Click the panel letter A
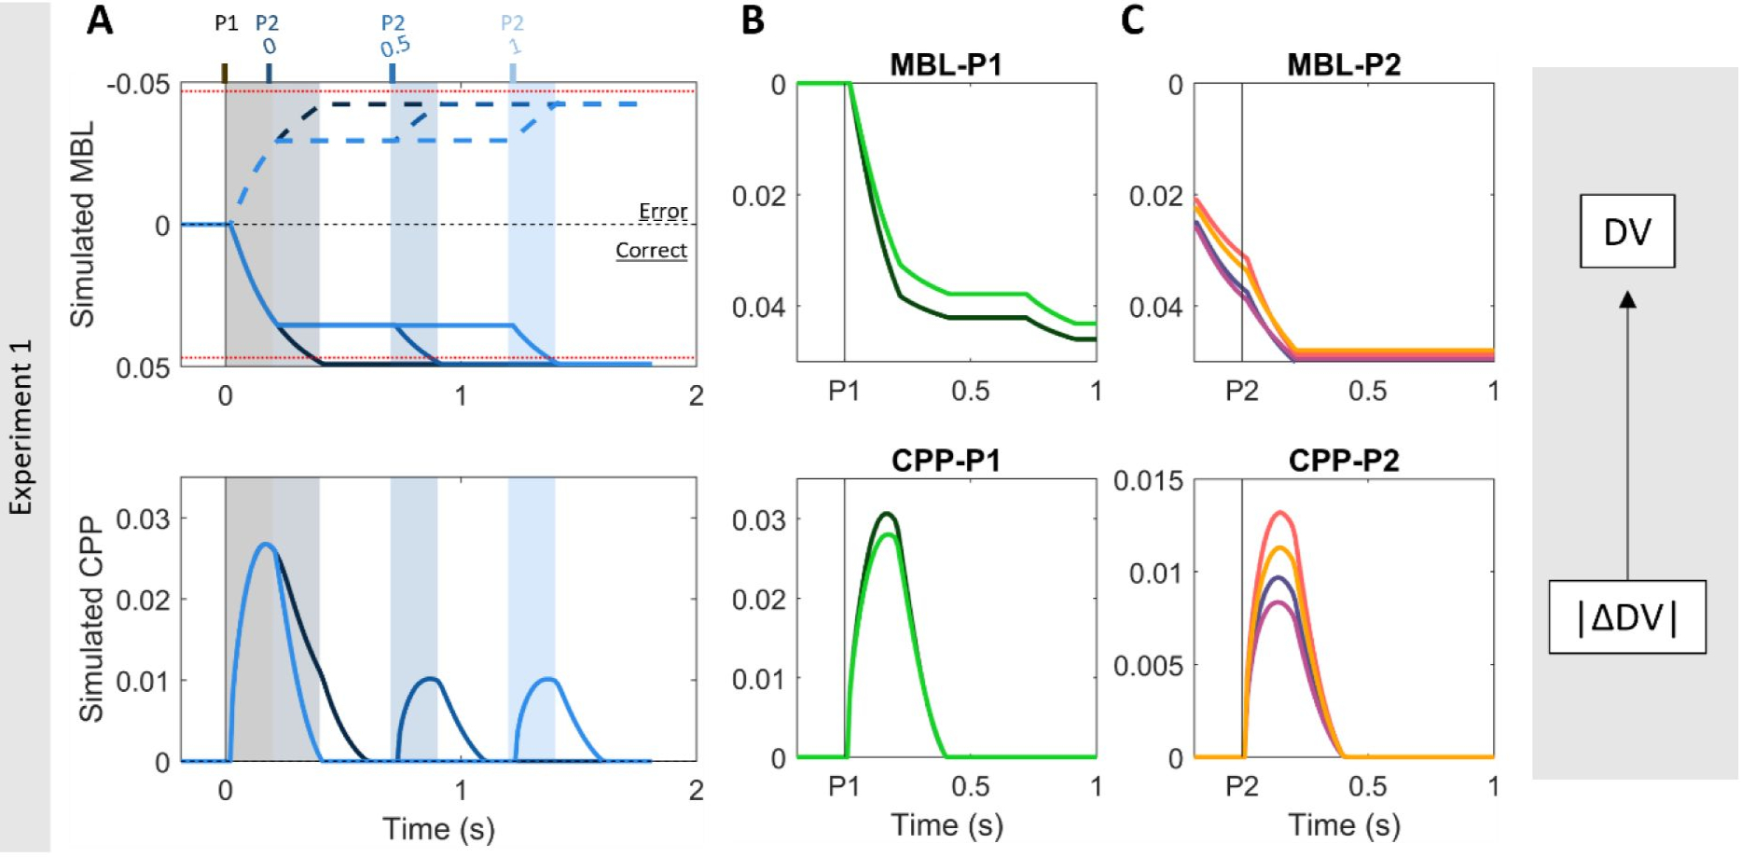100,21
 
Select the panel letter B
753,21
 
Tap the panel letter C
1133,21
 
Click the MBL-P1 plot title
946,64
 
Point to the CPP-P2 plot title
1343,461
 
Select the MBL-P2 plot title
1343,64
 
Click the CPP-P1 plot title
946,461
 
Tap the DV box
1627,231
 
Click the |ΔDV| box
1627,617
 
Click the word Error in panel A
663,212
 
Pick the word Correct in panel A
651,250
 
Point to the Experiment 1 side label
21,426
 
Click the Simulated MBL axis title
83,224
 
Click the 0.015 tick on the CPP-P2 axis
1148,481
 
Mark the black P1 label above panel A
226,23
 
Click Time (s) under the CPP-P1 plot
946,824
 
